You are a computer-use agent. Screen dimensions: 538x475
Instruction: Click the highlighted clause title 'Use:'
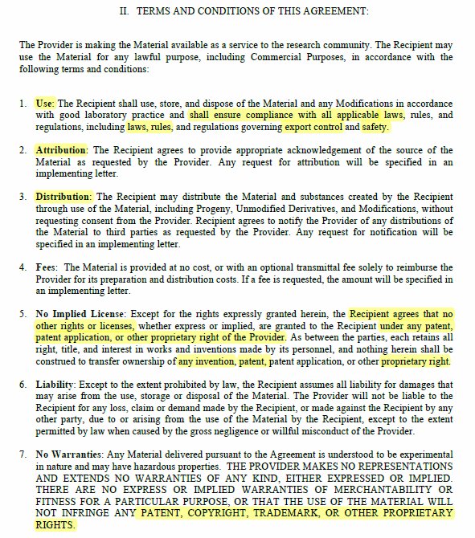pos(44,104)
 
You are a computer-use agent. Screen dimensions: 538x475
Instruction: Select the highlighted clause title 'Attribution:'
pos(63,150)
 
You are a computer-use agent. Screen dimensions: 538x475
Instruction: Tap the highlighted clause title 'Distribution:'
pos(63,197)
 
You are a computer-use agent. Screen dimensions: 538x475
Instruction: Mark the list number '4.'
pos(23,267)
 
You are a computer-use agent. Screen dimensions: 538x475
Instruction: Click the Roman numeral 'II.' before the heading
pos(125,11)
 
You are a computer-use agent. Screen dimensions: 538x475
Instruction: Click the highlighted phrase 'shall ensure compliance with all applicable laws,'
pos(297,116)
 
